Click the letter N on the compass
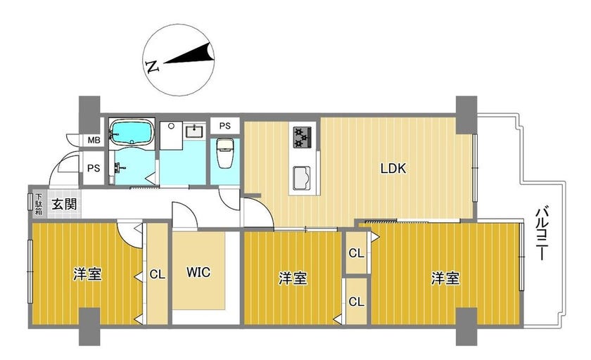[152, 66]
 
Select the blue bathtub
[132, 132]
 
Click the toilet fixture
[226, 152]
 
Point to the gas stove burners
[303, 137]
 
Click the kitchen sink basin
[302, 178]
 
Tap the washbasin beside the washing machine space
[194, 131]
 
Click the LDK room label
[393, 168]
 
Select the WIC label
[198, 272]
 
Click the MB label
[94, 141]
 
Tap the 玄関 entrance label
[65, 204]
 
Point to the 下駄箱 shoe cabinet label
[39, 205]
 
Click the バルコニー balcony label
[542, 233]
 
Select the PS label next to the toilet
[224, 126]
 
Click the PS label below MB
[94, 168]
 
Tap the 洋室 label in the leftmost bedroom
[87, 274]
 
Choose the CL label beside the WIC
[157, 274]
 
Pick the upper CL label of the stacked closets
[357, 253]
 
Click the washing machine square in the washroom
[171, 135]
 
